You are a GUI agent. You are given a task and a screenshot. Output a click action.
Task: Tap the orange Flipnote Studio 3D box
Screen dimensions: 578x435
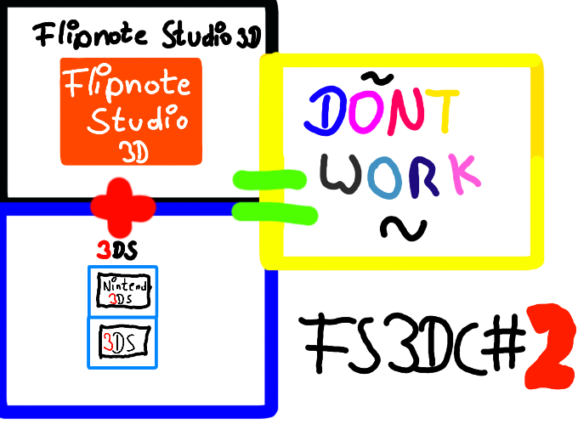coord(131,111)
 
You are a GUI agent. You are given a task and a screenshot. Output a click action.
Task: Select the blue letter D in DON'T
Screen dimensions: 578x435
coord(324,114)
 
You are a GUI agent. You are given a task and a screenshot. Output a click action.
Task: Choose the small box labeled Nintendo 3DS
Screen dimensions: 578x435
coord(123,292)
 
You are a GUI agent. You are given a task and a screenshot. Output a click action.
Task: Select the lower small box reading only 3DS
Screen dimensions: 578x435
coord(123,342)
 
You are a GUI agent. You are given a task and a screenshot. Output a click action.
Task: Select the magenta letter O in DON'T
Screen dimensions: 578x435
coord(363,114)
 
